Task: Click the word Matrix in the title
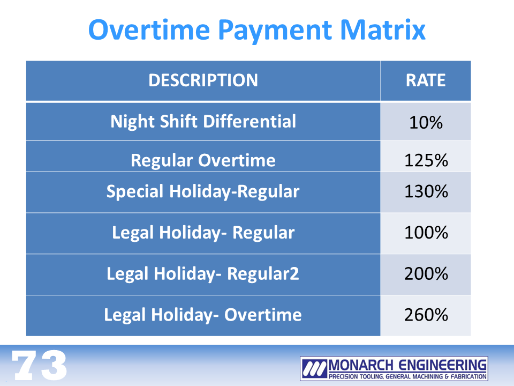(382, 30)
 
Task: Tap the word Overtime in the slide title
(149, 30)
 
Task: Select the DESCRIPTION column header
(203, 80)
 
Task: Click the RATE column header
(426, 80)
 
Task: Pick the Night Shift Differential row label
(203, 122)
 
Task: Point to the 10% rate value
(426, 122)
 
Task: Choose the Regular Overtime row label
(203, 160)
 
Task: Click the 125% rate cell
(426, 160)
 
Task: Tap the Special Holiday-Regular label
(203, 191)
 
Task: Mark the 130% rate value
(426, 191)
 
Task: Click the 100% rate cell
(426, 233)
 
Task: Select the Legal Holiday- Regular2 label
(203, 274)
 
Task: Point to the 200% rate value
(426, 274)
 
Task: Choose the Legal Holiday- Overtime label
(203, 315)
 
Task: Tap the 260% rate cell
(426, 315)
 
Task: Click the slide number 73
(39, 365)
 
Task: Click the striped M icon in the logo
(314, 368)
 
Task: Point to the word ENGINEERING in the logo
(442, 365)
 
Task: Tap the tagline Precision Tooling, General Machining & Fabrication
(407, 376)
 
